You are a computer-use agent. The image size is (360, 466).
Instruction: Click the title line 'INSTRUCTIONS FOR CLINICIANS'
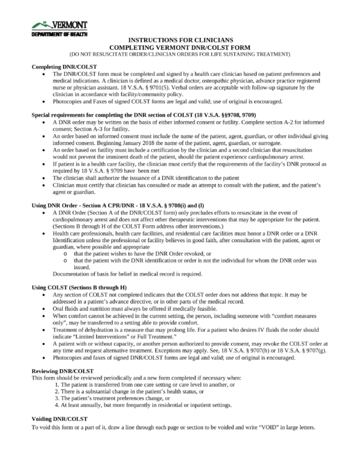tap(179, 39)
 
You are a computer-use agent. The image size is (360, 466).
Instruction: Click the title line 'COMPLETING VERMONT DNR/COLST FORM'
tap(179, 46)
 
